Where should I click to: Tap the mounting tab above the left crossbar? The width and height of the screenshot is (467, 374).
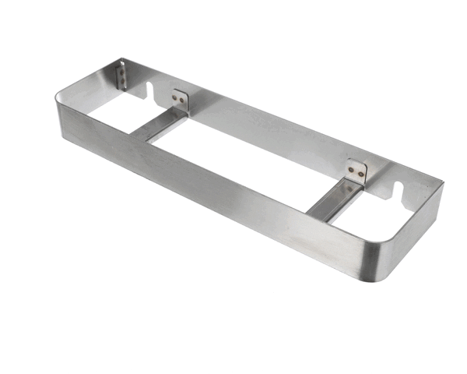pos(181,98)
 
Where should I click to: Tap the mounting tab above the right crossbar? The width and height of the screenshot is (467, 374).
pos(356,171)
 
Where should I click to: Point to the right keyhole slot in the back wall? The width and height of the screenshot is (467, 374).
pos(403,192)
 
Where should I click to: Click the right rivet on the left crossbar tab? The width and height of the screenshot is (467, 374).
pos(184,101)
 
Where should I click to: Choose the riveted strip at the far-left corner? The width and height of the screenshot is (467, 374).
pos(121,76)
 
